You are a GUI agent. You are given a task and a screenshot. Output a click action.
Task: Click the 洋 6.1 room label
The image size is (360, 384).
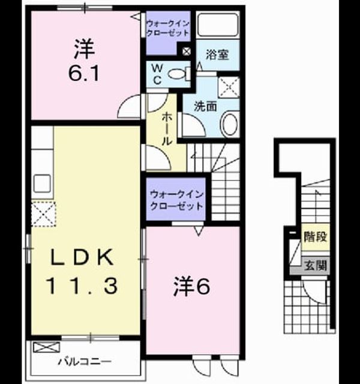(84, 61)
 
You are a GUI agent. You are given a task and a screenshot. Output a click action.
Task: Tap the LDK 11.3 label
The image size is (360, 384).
(82, 271)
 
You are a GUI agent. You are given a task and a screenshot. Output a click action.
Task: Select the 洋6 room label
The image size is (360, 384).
(192, 287)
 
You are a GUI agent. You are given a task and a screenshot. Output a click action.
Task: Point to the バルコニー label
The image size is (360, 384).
(85, 361)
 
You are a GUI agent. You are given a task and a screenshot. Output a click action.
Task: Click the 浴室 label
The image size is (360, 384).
(217, 55)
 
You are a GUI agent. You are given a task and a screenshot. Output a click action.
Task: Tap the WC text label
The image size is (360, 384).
(157, 74)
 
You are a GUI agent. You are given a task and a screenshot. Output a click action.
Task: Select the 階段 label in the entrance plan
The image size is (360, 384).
(315, 236)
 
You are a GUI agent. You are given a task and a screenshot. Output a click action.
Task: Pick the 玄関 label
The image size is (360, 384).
(316, 265)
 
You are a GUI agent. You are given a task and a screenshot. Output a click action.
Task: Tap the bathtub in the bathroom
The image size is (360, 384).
(217, 25)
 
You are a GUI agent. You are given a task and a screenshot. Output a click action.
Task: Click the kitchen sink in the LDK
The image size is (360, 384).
(43, 184)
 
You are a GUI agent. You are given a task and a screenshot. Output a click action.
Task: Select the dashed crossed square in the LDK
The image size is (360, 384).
(44, 214)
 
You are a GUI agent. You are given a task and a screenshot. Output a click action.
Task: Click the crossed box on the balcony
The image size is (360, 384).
(46, 347)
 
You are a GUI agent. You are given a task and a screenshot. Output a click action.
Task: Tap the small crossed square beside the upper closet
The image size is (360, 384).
(187, 52)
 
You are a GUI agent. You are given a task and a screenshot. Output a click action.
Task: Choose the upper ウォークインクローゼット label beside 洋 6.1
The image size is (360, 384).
(168, 28)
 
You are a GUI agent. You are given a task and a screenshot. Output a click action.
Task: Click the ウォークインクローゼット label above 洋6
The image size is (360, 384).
(176, 200)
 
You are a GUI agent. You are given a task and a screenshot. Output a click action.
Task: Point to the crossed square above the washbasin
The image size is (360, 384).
(229, 87)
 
